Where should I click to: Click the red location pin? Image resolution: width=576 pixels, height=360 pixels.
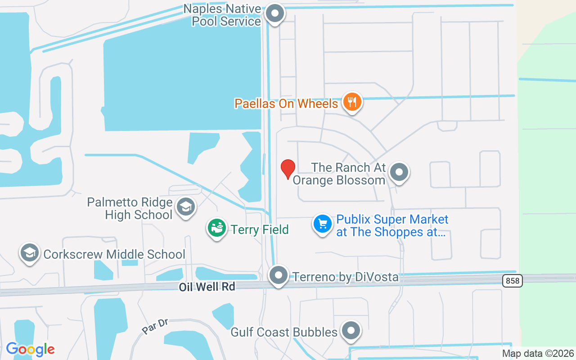pyautogui.click(x=288, y=168)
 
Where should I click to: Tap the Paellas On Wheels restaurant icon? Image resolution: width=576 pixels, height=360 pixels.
pyautogui.click(x=352, y=102)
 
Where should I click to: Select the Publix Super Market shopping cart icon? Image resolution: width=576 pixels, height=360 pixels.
pyautogui.click(x=322, y=224)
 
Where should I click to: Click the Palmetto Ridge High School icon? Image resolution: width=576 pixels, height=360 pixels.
pyautogui.click(x=185, y=207)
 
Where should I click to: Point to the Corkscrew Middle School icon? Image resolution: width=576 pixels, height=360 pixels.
pyautogui.click(x=30, y=253)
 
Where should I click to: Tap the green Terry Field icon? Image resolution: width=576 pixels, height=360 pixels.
pyautogui.click(x=217, y=228)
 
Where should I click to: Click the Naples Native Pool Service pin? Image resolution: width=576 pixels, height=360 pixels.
pyautogui.click(x=275, y=13)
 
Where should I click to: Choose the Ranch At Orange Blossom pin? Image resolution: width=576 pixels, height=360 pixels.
pyautogui.click(x=399, y=172)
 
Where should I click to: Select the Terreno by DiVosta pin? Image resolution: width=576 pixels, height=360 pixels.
pyautogui.click(x=279, y=275)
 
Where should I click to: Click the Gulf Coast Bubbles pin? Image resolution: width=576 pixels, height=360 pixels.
pyautogui.click(x=351, y=331)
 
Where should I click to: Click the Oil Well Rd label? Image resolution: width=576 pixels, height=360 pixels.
pyautogui.click(x=207, y=287)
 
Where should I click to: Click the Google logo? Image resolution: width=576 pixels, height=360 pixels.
pyautogui.click(x=30, y=349)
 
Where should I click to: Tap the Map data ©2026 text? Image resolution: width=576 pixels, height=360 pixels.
pyautogui.click(x=538, y=354)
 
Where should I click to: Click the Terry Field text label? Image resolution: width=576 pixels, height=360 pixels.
pyautogui.click(x=260, y=229)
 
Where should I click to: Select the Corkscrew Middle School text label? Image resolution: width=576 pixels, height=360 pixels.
pyautogui.click(x=114, y=254)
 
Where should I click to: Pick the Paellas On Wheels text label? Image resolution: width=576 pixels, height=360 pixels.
pyautogui.click(x=286, y=104)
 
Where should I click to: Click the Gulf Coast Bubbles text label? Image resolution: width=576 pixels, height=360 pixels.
pyautogui.click(x=284, y=333)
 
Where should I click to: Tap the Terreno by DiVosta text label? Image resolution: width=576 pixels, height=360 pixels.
pyautogui.click(x=346, y=277)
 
